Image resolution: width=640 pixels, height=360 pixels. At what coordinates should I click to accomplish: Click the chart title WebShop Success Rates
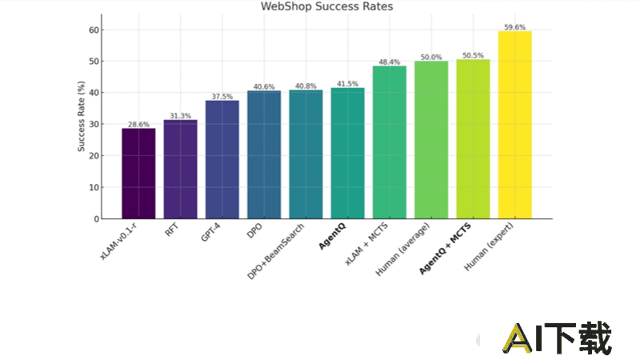pos(327,7)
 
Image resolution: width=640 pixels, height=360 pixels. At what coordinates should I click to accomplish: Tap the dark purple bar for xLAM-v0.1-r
pos(138,173)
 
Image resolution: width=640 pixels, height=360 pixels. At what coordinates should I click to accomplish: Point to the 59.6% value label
pos(514,26)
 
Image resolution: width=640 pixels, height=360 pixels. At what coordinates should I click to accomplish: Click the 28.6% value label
pos(138,124)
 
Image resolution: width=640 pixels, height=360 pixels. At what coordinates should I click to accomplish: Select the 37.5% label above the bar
pos(222,96)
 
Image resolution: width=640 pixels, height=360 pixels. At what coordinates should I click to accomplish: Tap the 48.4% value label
pos(390,62)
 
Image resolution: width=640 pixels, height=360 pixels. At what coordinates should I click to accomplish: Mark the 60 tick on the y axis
pos(95,30)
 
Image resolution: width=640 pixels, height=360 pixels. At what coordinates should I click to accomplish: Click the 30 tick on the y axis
pos(95,124)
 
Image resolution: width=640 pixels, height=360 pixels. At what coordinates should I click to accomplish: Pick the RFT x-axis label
pos(174,231)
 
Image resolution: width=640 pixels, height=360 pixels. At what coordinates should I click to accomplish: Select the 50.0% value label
pos(431,57)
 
